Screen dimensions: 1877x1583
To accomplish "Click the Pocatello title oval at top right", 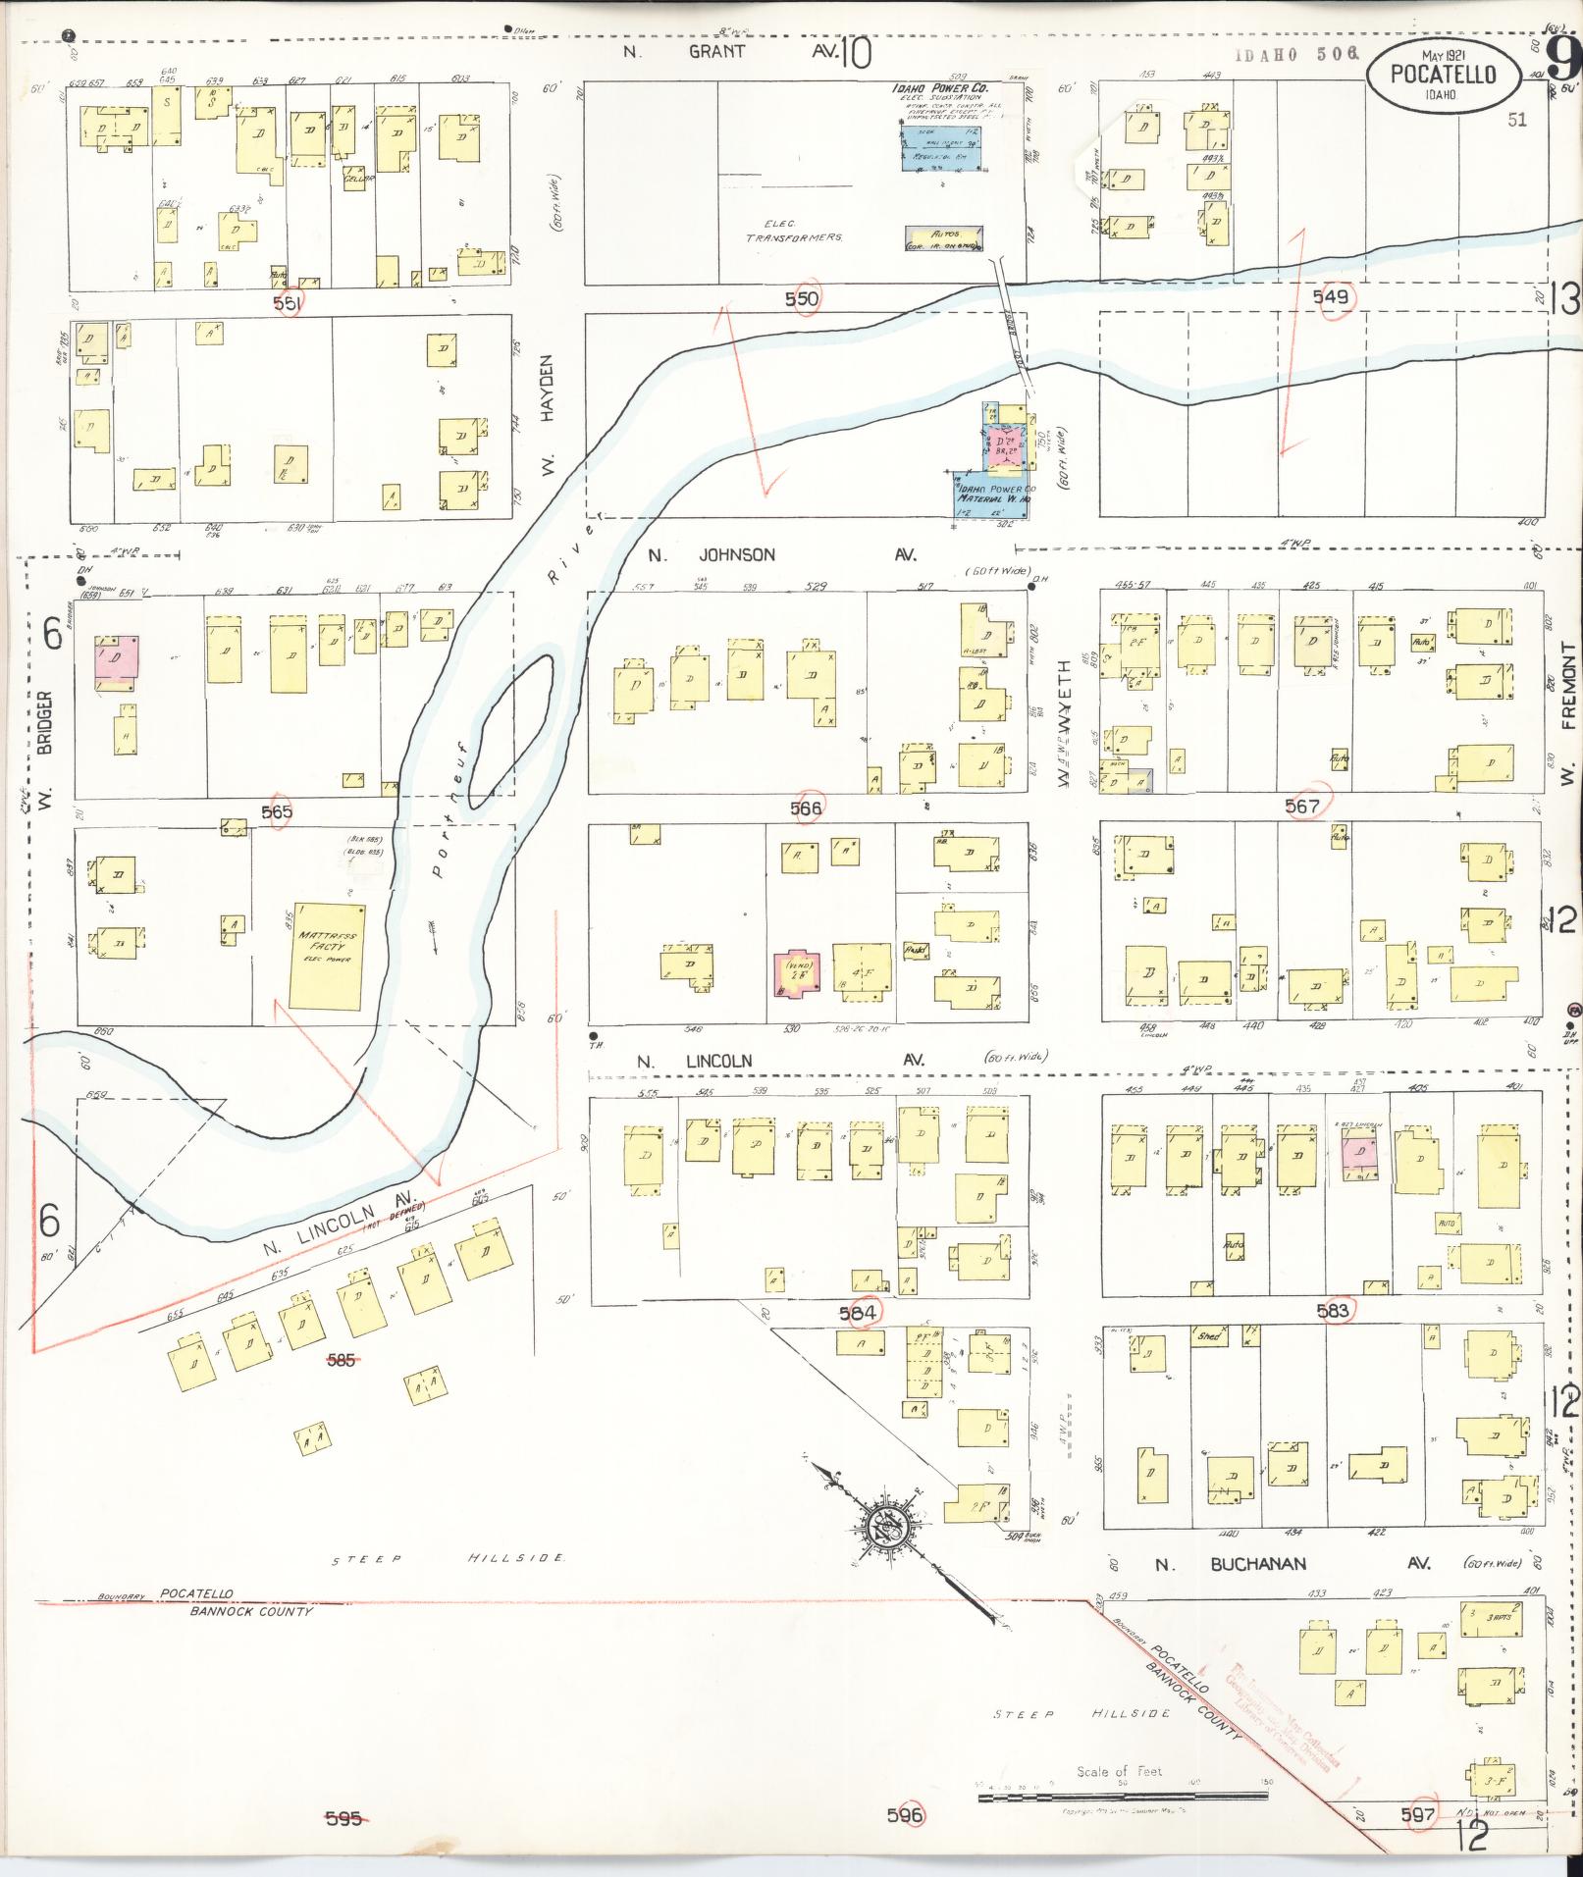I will pos(1443,74).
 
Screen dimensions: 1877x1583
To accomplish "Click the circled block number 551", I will pos(289,303).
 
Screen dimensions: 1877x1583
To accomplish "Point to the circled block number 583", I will pos(1336,1310).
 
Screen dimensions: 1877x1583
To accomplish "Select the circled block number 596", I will pos(905,1814).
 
